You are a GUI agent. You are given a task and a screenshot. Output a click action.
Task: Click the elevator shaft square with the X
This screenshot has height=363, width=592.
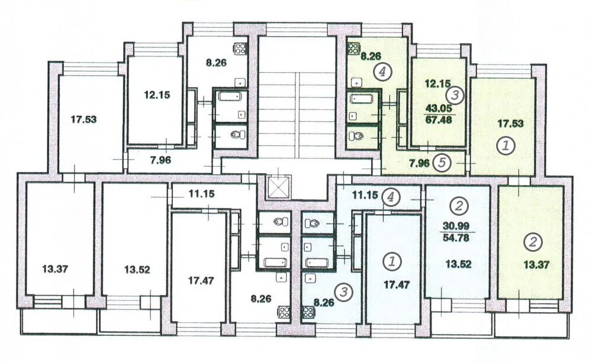[278, 187]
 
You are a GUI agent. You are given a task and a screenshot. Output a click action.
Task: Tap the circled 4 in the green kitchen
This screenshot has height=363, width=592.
[382, 72]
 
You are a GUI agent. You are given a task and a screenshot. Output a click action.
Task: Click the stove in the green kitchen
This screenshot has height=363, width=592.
[353, 48]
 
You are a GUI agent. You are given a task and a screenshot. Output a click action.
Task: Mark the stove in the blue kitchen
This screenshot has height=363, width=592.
[308, 312]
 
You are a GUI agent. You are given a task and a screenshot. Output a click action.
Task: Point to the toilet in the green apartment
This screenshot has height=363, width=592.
[355, 135]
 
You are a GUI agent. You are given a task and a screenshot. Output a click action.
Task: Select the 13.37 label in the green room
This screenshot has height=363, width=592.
[536, 265]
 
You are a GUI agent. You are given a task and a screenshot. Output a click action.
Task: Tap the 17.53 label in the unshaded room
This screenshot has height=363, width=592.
[84, 119]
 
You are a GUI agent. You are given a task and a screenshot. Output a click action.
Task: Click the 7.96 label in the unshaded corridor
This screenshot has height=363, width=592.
[160, 160]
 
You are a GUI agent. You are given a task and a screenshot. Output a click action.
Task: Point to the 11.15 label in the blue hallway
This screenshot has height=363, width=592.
[365, 195]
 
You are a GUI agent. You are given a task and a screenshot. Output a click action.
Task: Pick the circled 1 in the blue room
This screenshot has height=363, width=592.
[392, 261]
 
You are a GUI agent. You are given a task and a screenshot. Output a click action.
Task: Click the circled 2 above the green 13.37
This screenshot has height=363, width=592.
[533, 242]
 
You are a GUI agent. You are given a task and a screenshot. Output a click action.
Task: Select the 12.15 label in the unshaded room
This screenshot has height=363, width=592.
[157, 95]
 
